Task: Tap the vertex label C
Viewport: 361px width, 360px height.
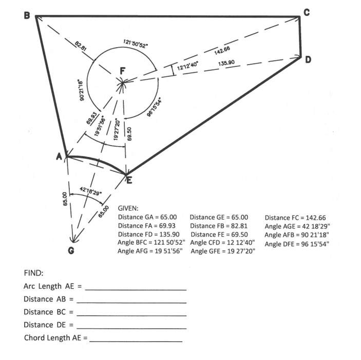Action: coord(307,13)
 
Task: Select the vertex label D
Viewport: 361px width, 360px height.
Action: coord(309,60)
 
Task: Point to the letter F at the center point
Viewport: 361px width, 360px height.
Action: coord(122,70)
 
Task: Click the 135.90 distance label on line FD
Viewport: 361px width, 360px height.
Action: coord(226,63)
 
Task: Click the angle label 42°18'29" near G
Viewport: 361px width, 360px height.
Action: coord(91,190)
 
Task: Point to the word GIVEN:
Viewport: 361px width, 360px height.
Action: coord(128,209)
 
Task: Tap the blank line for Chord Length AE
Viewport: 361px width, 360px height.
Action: coord(137,341)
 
